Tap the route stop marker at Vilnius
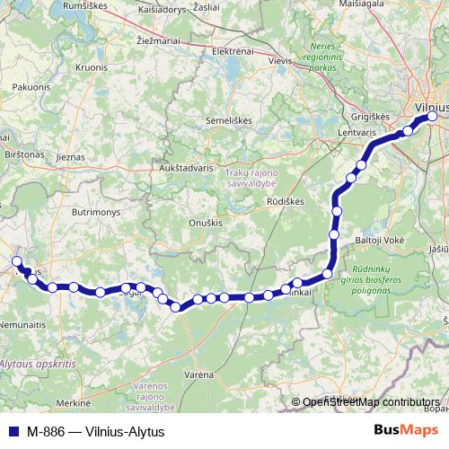tap(432, 117)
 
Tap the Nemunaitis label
tap(22, 323)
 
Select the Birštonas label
tap(23, 154)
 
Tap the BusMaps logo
tap(409, 429)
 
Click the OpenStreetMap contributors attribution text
tap(371, 402)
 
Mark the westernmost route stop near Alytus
tap(16, 261)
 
